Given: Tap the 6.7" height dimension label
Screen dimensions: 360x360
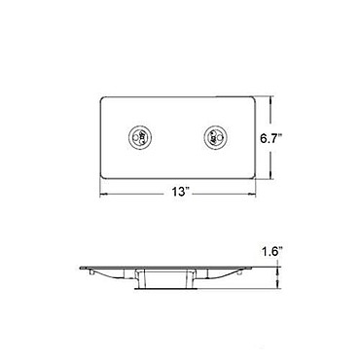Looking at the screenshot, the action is [271, 138].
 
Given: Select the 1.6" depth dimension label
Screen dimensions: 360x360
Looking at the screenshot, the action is [271, 252].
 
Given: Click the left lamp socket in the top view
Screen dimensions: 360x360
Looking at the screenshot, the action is [140, 136].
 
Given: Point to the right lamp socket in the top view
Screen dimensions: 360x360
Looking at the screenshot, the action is [215, 136].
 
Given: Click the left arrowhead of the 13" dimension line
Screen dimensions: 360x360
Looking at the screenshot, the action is [103, 195].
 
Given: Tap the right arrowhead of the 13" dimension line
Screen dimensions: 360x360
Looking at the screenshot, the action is [252, 195].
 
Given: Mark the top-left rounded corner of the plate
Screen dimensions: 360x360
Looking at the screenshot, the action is [102, 99].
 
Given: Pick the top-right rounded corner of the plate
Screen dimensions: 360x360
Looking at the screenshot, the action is [253, 99].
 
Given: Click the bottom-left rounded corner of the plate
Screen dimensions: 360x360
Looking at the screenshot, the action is [102, 176].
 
